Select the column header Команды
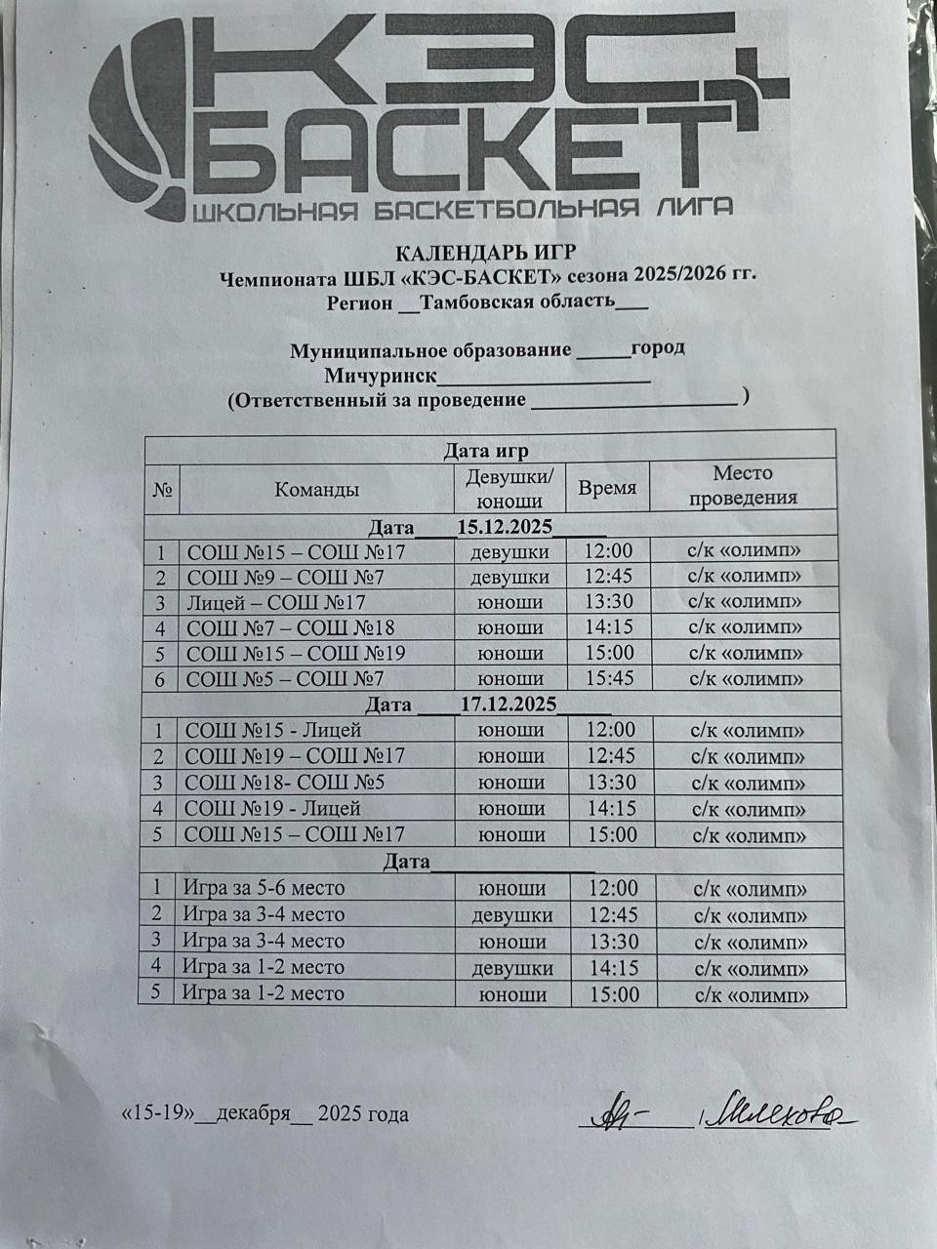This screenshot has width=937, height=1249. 316,490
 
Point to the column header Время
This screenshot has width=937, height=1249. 607,489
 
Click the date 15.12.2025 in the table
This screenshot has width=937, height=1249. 505,528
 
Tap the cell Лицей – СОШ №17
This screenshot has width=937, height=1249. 276,603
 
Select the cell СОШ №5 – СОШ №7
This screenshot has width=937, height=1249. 285,678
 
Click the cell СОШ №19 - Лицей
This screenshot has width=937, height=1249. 272,808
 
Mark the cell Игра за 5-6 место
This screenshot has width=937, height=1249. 264,888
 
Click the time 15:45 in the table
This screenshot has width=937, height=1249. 610,678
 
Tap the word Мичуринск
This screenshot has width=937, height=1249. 380,377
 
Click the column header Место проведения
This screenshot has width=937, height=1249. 743,485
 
